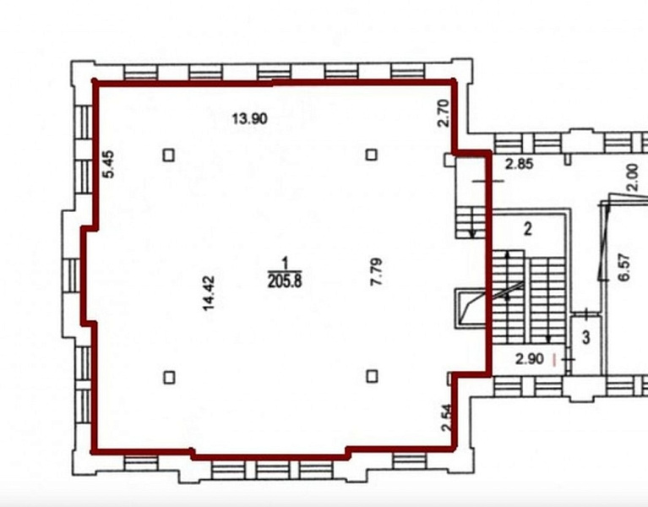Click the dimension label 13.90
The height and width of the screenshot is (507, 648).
(x=249, y=119)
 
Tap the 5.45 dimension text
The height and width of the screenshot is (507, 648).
(x=108, y=164)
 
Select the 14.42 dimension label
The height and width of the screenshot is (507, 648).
(x=209, y=293)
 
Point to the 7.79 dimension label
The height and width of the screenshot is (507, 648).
(x=376, y=271)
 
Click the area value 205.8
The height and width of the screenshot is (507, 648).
(x=285, y=281)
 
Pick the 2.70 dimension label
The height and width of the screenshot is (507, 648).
(x=443, y=113)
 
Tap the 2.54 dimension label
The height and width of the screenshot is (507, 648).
(x=446, y=417)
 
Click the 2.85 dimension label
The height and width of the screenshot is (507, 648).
(x=520, y=164)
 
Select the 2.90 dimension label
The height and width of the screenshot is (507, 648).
(x=530, y=359)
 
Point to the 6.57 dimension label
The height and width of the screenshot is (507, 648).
(x=624, y=267)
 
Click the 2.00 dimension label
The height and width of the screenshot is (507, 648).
(x=632, y=177)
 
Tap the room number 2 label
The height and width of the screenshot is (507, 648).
(x=528, y=228)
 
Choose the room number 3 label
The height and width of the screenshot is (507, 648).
(x=586, y=338)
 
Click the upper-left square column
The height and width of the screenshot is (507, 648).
(x=169, y=155)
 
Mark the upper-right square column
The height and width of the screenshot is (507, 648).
(x=372, y=155)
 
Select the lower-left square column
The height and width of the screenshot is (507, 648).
(x=169, y=378)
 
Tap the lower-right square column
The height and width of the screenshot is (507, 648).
(x=373, y=376)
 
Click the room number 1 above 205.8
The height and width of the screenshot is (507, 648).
(x=285, y=263)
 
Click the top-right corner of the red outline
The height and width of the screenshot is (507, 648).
(x=454, y=82)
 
